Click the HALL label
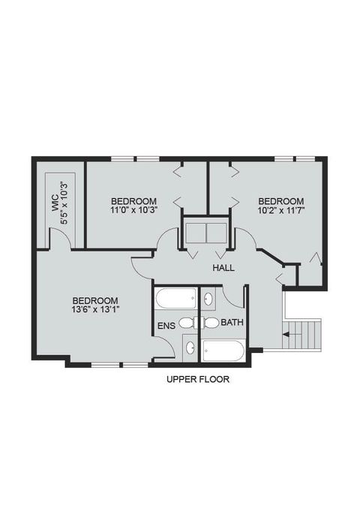pyautogui.click(x=223, y=268)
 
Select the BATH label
pyautogui.click(x=232, y=324)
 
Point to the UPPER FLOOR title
pyautogui.click(x=197, y=380)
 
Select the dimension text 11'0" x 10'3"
pyautogui.click(x=133, y=211)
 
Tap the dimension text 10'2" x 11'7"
pyautogui.click(x=281, y=211)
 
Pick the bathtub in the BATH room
pyautogui.click(x=223, y=351)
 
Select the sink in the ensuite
pyautogui.click(x=191, y=348)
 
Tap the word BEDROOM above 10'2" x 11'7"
pyautogui.click(x=281, y=201)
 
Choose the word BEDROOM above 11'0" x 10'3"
pyautogui.click(x=133, y=201)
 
